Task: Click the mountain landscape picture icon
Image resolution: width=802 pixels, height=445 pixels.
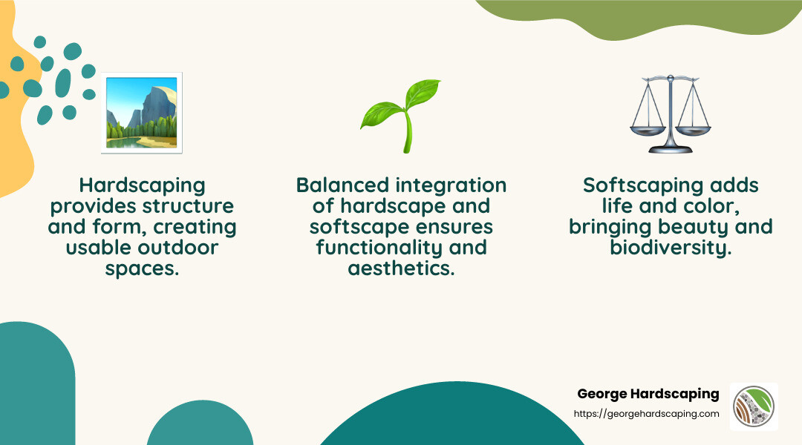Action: (x=141, y=113)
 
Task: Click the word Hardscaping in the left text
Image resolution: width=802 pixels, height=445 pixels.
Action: (x=141, y=185)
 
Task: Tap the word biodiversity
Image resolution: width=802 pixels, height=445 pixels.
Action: (x=671, y=248)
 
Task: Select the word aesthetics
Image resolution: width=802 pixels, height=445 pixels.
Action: (x=401, y=268)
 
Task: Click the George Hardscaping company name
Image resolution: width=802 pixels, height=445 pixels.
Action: (x=648, y=394)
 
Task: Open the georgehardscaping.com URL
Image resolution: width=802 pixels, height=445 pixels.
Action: (x=647, y=414)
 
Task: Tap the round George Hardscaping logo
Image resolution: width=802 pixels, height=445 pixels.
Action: (x=754, y=406)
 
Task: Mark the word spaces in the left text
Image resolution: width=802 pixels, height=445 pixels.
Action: (x=141, y=268)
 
